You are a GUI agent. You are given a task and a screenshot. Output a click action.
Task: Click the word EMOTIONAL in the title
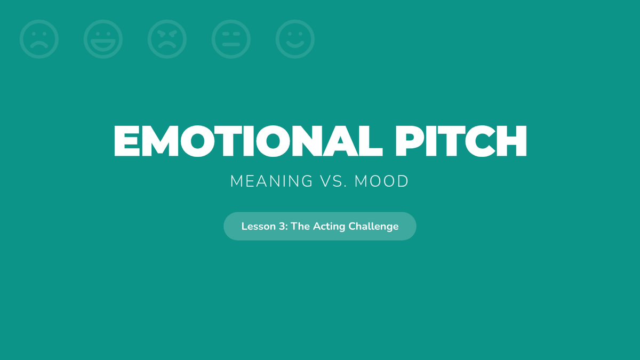point(248,141)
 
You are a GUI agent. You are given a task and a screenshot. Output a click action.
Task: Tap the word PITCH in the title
point(461,141)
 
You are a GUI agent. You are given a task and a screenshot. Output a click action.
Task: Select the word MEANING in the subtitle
point(271,181)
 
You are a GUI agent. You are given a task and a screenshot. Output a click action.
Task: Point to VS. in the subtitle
point(333,181)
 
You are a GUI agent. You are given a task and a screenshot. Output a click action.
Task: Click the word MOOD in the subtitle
point(381,181)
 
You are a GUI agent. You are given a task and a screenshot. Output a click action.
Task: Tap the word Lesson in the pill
point(254,226)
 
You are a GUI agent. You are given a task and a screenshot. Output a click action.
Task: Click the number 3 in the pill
point(282,226)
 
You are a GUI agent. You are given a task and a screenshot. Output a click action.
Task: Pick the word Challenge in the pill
point(373,227)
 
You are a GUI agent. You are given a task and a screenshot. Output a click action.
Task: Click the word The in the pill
point(300,226)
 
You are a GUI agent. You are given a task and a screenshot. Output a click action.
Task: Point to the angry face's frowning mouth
point(167,45)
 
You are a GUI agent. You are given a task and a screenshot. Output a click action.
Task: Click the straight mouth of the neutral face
point(231,44)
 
